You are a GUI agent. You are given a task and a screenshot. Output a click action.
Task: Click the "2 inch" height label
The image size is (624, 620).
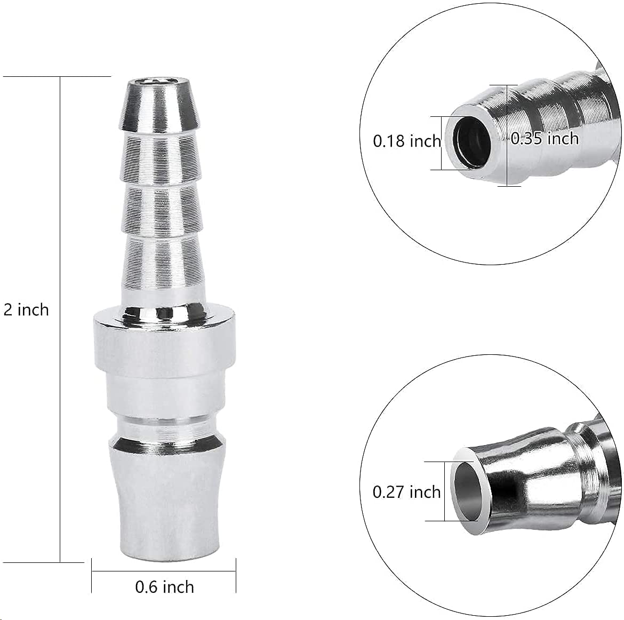pyautogui.click(x=26, y=309)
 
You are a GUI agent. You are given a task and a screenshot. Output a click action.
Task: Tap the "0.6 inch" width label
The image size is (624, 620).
pyautogui.click(x=164, y=587)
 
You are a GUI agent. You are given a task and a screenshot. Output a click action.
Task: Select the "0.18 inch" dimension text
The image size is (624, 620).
pyautogui.click(x=406, y=141)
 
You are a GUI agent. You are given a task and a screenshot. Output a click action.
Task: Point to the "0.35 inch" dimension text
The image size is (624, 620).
pyautogui.click(x=545, y=139)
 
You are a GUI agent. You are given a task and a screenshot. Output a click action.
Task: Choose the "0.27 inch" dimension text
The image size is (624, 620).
pyautogui.click(x=406, y=491)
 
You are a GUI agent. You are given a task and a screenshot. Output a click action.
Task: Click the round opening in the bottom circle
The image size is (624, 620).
pyautogui.click(x=470, y=489)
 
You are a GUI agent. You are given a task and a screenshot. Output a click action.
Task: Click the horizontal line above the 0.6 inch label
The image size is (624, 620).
pyautogui.click(x=164, y=571)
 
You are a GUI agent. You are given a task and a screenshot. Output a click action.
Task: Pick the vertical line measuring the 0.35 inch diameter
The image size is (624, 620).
pyautogui.click(x=506, y=160)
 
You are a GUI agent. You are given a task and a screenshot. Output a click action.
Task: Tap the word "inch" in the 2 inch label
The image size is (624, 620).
pyautogui.click(x=33, y=309)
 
